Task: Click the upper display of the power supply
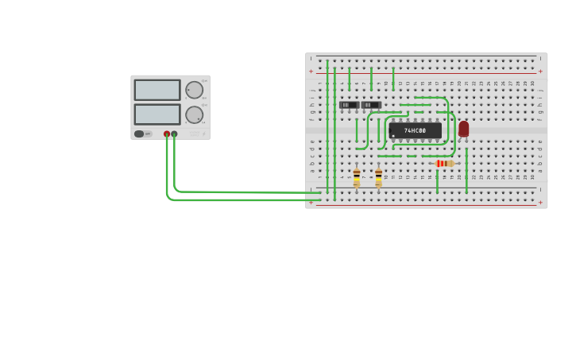pos(157,90)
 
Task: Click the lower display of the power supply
pos(157,114)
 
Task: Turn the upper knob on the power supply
pos(194,90)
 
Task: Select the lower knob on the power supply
pos(194,115)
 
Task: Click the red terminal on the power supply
pos(167,134)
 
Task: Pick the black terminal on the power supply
pos(174,134)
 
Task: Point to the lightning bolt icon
pos(203,134)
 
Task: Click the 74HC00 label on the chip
pos(415,130)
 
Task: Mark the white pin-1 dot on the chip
pos(392,136)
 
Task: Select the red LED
pos(463,129)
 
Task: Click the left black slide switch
pos(349,105)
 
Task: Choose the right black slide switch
pos(371,105)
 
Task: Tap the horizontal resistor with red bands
pos(444,164)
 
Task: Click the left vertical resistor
pos(357,177)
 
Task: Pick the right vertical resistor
pos(378,177)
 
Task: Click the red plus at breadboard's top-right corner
pos(541,72)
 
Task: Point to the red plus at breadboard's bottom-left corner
pos(311,203)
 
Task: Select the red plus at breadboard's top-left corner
pos(311,72)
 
